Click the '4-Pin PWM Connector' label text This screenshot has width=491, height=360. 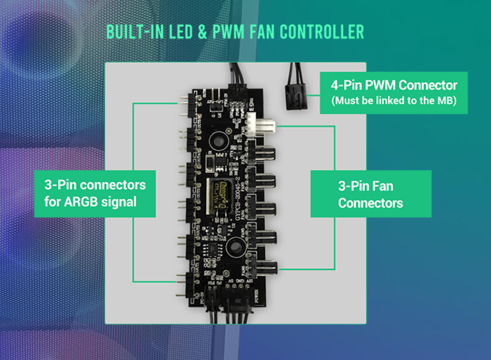(394, 86)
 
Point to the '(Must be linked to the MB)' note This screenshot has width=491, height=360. (394, 101)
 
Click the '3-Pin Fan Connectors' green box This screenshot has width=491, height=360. (371, 194)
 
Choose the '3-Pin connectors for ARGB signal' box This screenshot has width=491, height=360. (95, 193)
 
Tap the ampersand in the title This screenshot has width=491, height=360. (200, 32)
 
